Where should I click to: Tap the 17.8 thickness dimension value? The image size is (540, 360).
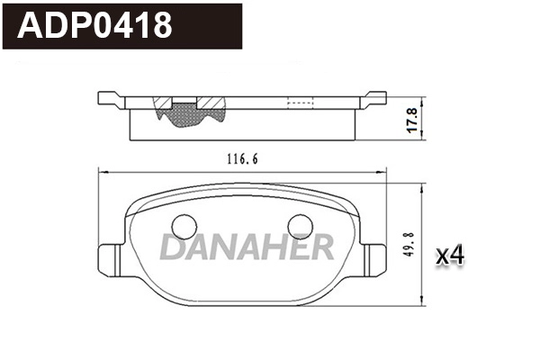pos(411,118)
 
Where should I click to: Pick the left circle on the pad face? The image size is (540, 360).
pos(184,228)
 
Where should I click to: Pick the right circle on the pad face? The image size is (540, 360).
pos(299,228)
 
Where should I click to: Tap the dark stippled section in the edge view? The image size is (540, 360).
pos(184,112)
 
